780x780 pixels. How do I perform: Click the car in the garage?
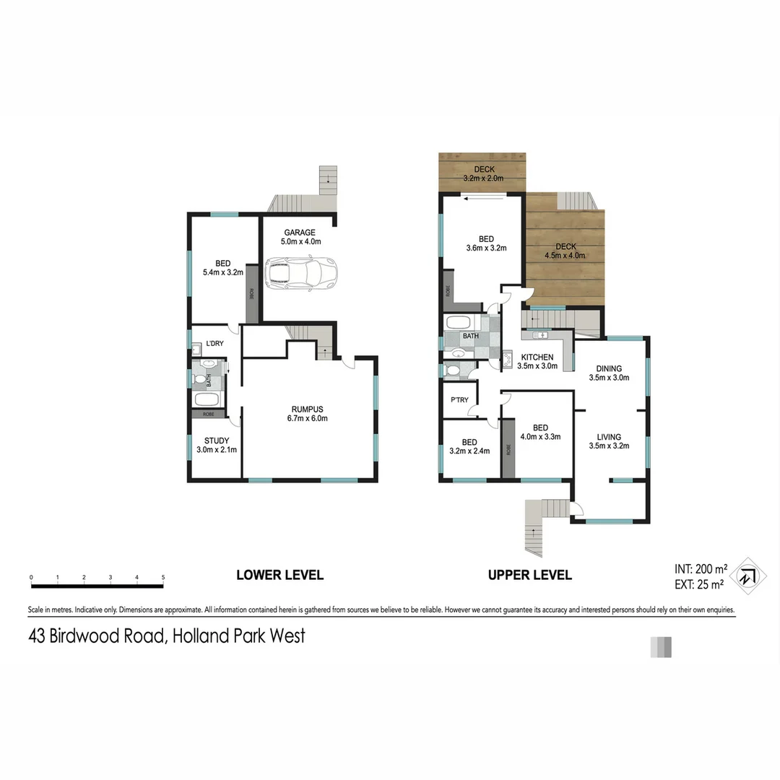coord(302,272)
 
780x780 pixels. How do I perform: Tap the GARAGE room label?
coord(299,233)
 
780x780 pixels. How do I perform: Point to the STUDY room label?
coord(217,441)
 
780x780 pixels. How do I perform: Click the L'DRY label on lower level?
coord(214,344)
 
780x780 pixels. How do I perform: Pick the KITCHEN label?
coord(537,357)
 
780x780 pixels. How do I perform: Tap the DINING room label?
coord(610,368)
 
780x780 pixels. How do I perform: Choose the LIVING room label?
coord(609,437)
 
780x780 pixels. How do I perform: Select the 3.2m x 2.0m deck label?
coord(483,178)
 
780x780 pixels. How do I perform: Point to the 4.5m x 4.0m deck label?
coord(565,255)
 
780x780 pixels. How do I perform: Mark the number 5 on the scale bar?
coord(163,577)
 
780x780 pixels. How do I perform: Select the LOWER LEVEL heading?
coord(280,576)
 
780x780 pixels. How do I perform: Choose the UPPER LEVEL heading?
coord(530,576)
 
